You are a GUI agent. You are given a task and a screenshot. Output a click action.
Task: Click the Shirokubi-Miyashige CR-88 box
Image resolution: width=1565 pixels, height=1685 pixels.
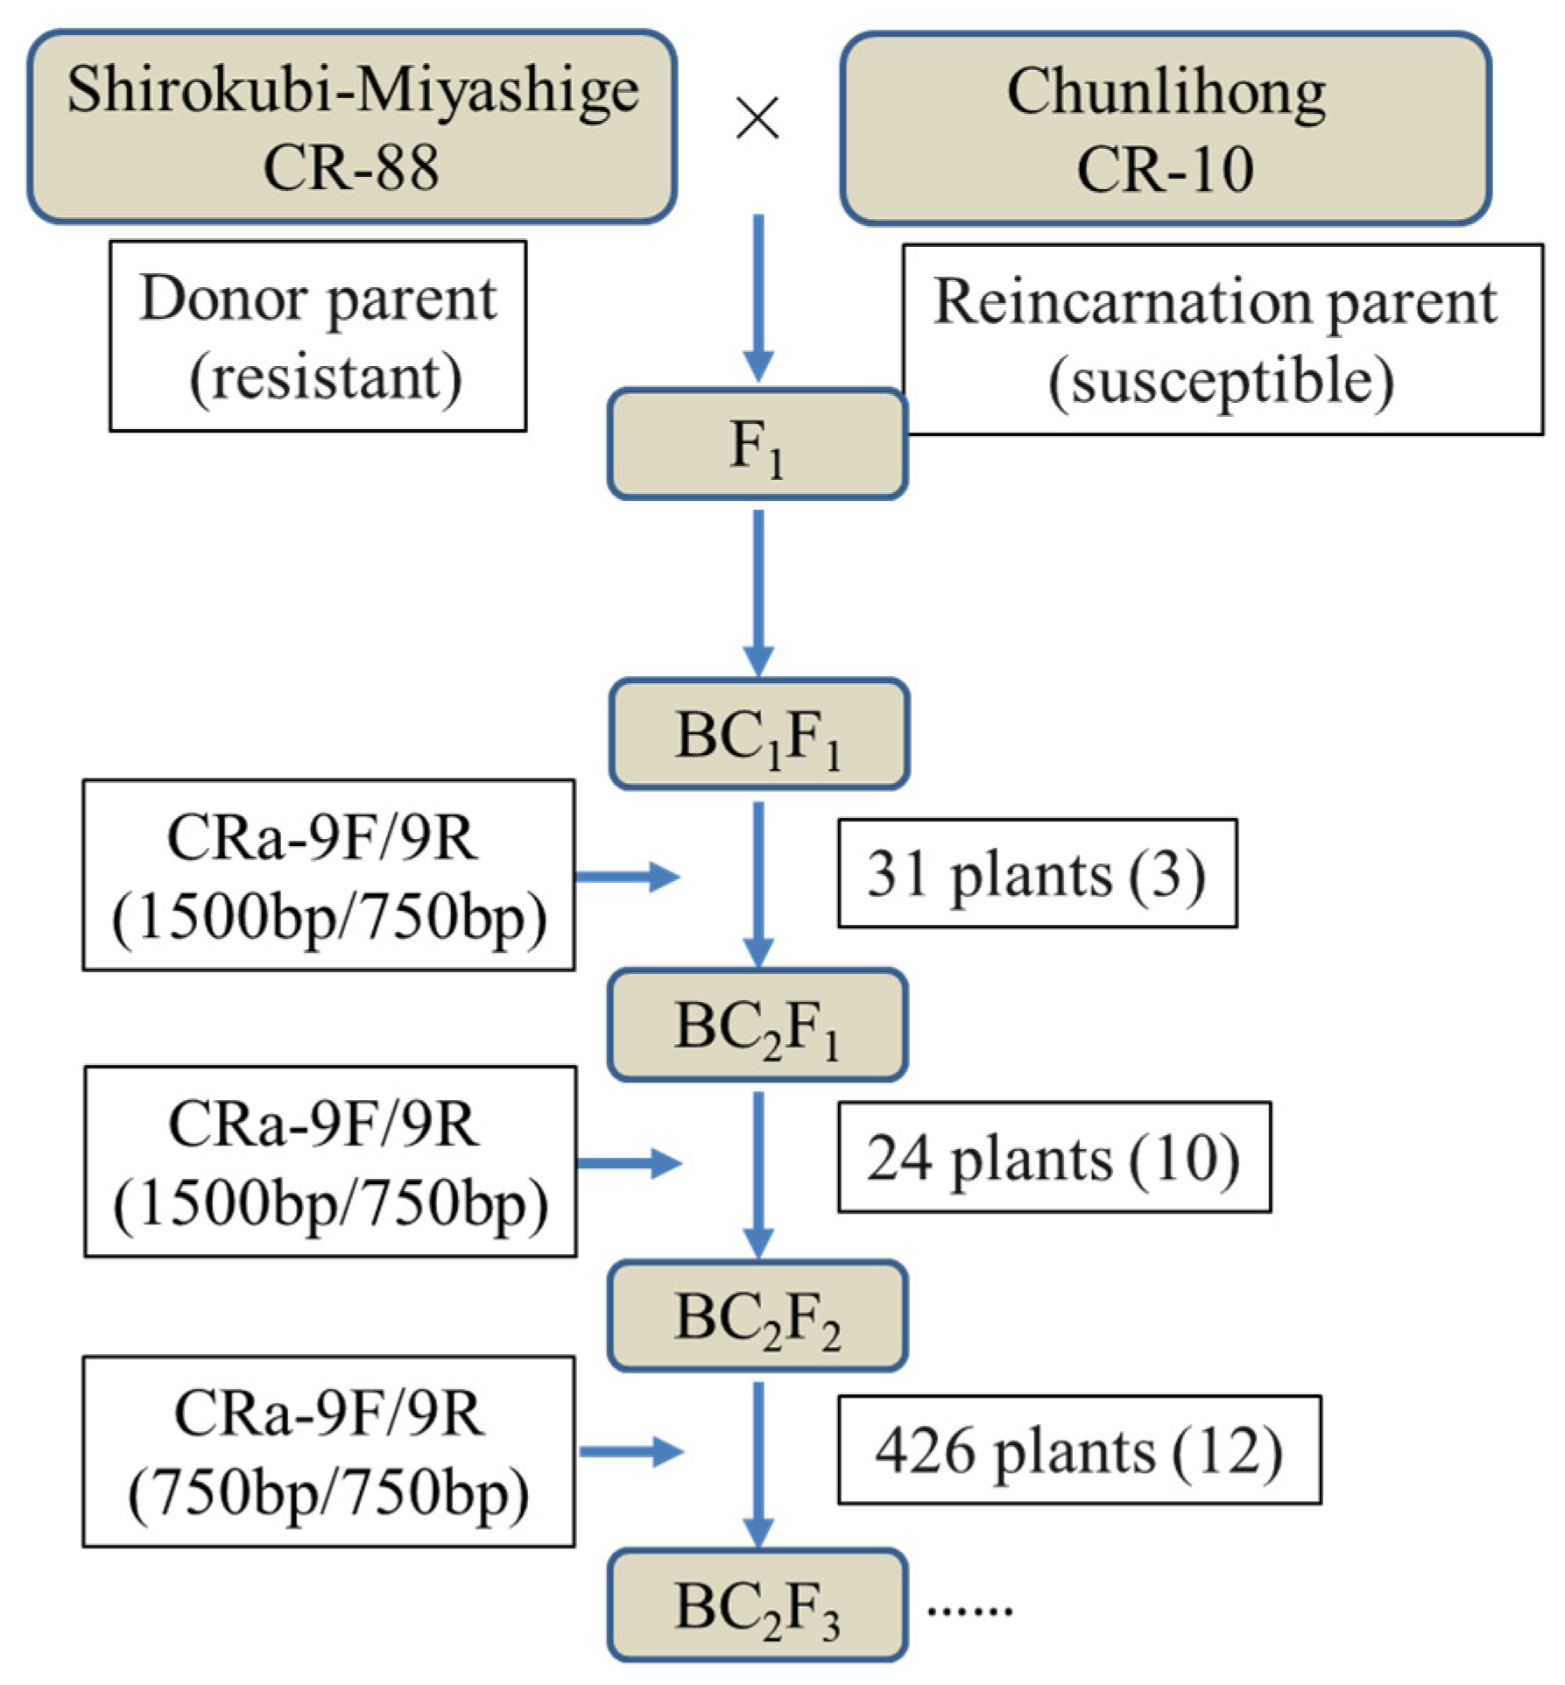point(352,127)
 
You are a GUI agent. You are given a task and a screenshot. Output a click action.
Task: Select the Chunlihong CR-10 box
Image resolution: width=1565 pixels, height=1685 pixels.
point(1166,129)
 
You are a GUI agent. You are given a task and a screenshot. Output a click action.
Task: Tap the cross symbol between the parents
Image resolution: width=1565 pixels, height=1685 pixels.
point(758,118)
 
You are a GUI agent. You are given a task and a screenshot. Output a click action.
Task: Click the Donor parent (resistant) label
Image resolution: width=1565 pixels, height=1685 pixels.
point(318,336)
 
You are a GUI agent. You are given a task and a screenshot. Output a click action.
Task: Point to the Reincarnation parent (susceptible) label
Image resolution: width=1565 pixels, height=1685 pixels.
point(1223,340)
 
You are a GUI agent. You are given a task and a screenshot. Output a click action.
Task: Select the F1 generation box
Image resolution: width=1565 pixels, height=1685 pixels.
point(758,444)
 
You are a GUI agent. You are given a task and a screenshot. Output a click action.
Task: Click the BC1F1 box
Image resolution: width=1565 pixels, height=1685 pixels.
point(759,734)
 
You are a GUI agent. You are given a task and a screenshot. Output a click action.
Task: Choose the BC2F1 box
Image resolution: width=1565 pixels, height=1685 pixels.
point(758,1025)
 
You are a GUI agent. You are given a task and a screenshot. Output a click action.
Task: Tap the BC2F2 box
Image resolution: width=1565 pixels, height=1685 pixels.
point(758,1315)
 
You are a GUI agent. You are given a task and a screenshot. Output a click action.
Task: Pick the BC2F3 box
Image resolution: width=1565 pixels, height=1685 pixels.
point(758,1605)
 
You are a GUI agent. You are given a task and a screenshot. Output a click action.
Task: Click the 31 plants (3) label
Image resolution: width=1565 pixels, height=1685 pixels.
point(1038,873)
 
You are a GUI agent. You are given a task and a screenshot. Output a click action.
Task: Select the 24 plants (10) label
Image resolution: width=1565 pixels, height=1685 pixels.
point(1054,1157)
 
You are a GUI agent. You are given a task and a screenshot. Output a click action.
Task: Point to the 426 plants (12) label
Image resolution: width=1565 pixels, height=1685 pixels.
point(1080,1449)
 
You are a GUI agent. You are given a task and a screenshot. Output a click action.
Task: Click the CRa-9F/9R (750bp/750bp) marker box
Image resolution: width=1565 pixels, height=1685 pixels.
point(329,1452)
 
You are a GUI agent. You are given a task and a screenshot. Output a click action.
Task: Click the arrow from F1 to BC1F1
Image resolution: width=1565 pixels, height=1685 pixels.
point(758,594)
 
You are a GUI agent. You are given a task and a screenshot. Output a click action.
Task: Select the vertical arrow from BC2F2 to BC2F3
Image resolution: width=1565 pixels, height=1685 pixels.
point(758,1465)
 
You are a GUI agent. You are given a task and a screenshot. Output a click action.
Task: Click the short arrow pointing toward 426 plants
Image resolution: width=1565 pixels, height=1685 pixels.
point(631,1452)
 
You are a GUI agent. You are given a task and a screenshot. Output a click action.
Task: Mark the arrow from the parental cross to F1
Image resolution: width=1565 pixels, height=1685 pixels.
point(758,298)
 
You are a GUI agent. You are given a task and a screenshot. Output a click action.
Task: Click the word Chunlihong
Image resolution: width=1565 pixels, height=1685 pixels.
point(1166,92)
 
